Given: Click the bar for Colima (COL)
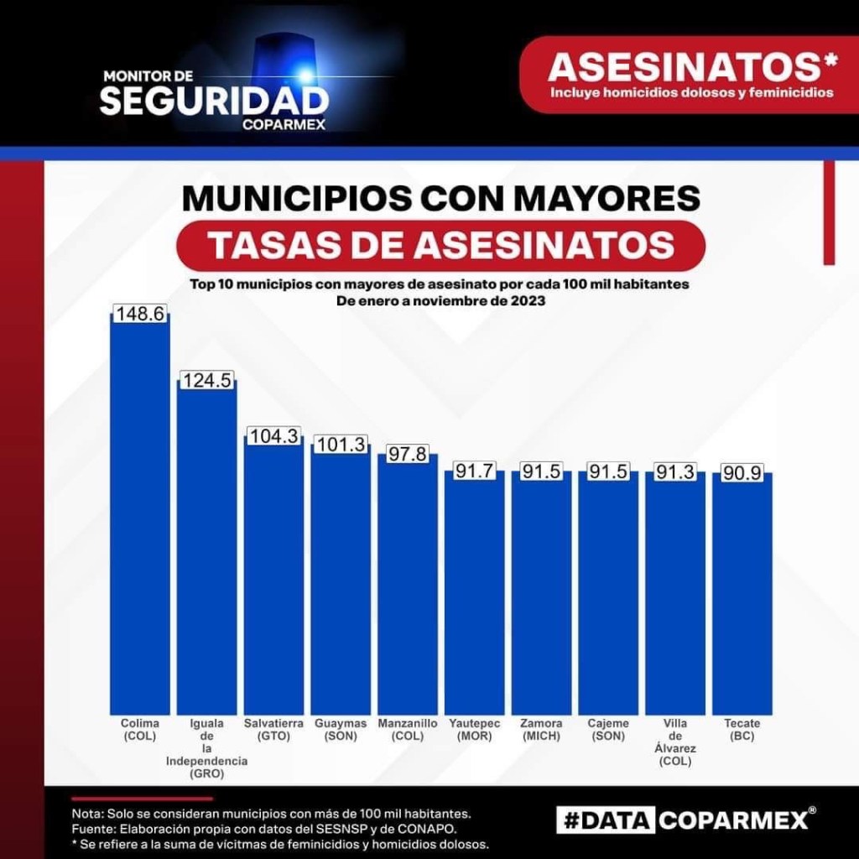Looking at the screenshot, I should click(140, 512).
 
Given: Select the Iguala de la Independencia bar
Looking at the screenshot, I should click(206, 545).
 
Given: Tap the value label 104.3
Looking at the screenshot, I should click(274, 436).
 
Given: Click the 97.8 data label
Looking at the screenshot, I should click(408, 454).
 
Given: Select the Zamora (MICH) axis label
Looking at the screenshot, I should click(541, 730).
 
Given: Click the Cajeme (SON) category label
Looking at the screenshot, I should click(608, 730).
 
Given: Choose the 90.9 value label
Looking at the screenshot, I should click(742, 473).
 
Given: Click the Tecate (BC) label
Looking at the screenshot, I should click(742, 730).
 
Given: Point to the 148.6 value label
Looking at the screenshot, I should click(140, 314).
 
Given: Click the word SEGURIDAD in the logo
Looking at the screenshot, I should click(214, 101).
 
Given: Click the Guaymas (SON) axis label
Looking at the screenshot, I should click(341, 730).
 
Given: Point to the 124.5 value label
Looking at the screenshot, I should click(206, 380).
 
